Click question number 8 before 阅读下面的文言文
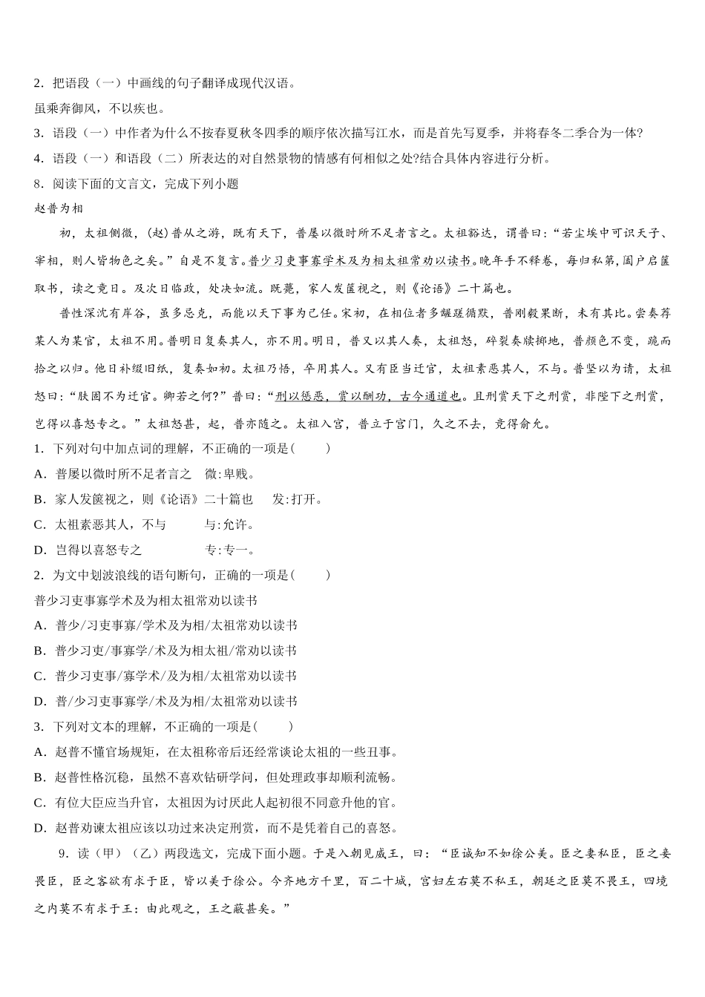(x=39, y=184)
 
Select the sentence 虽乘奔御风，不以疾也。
(x=99, y=108)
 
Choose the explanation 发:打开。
(x=298, y=499)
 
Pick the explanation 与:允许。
(x=229, y=524)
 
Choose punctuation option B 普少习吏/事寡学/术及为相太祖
(x=175, y=651)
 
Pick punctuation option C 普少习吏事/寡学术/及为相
(x=175, y=676)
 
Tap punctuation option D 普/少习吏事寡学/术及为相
(x=176, y=701)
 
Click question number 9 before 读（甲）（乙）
(x=63, y=854)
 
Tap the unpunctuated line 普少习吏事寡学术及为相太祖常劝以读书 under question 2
(x=145, y=600)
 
